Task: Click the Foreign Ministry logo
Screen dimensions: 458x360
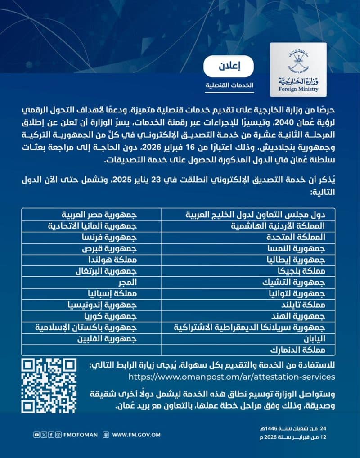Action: pyautogui.click(x=298, y=70)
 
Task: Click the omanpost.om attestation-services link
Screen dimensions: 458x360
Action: pyautogui.click(x=232, y=377)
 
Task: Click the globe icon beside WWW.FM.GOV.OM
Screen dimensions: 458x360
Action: pyautogui.click(x=106, y=435)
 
